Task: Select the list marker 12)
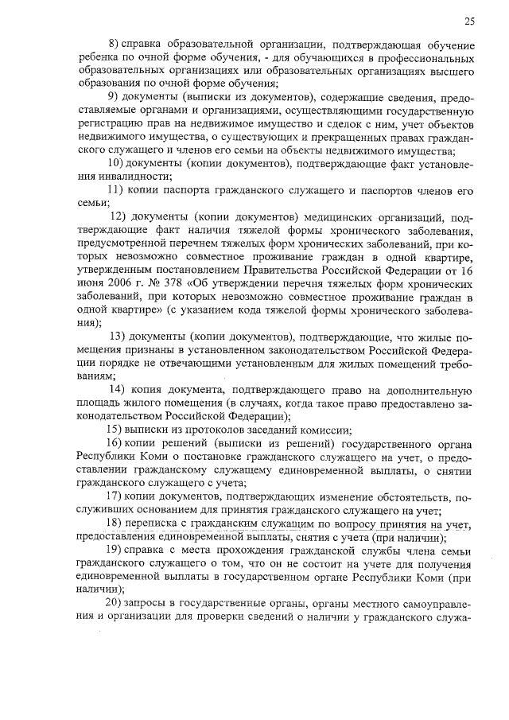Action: pyautogui.click(x=119, y=216)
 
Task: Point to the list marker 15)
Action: pyautogui.click(x=115, y=430)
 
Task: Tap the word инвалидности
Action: pyautogui.click(x=126, y=177)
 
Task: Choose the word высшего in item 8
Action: pyautogui.click(x=452, y=70)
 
